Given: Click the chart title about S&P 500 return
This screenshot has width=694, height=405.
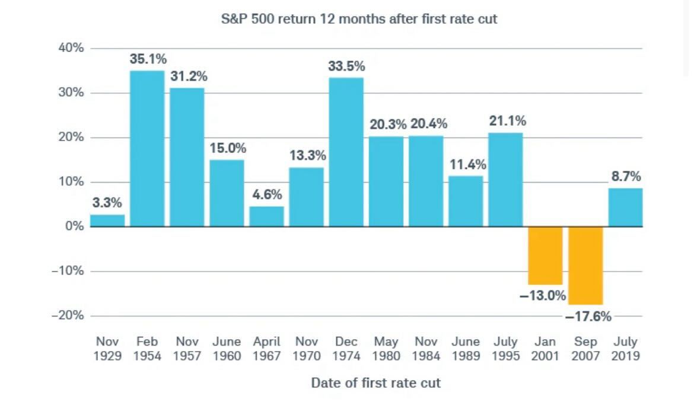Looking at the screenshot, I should click(x=359, y=19).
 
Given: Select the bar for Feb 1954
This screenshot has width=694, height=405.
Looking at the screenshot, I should click(x=147, y=148).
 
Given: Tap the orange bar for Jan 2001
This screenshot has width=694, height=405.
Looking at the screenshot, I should click(x=545, y=256).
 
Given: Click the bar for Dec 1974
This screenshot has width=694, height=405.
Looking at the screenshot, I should click(x=346, y=152).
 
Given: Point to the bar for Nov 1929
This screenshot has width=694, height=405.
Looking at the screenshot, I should click(x=107, y=221).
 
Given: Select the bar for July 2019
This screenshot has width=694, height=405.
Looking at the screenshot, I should click(x=625, y=208).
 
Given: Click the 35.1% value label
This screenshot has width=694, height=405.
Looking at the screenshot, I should click(x=148, y=59).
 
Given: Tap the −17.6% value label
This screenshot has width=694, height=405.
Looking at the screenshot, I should click(x=588, y=316).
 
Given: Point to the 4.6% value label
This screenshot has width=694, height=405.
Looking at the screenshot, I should click(x=266, y=194).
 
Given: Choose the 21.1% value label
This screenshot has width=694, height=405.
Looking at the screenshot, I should click(x=507, y=121).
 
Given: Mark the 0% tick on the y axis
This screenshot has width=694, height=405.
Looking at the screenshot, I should click(x=74, y=227).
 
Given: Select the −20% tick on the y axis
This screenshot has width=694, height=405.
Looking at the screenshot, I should click(x=68, y=315).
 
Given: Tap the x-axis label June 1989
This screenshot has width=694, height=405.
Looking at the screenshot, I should click(x=466, y=349).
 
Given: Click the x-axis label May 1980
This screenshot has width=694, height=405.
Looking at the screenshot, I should click(x=386, y=349).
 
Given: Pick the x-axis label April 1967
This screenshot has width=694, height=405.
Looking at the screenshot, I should click(x=266, y=349).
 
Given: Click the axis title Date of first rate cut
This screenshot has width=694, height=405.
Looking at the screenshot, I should click(x=375, y=382).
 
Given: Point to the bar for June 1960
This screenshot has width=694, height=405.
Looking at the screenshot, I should click(x=227, y=193).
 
